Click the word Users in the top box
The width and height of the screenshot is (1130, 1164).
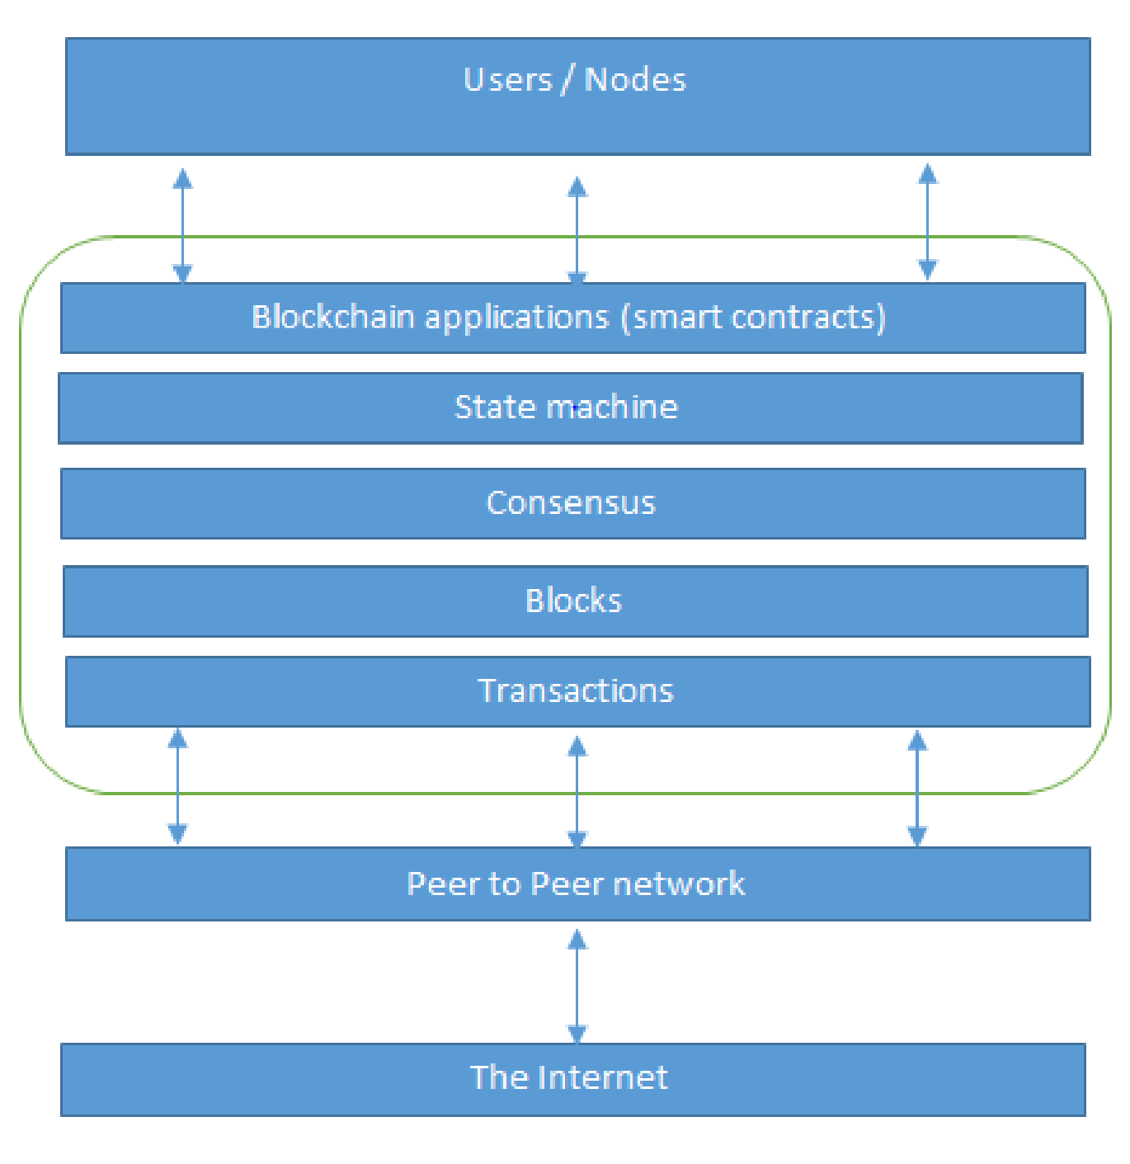point(507,79)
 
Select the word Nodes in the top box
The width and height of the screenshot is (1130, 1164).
point(634,79)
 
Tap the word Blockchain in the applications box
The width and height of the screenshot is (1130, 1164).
point(332,316)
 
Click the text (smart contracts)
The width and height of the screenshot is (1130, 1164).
point(754,317)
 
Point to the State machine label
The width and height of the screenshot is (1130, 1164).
point(566,408)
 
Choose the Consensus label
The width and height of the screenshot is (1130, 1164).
point(571,502)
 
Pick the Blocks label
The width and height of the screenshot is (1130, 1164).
point(574,600)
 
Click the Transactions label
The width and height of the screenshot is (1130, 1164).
point(576,690)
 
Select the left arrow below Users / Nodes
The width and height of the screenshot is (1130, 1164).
point(181,225)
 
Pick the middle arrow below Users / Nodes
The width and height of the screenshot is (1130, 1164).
point(576,229)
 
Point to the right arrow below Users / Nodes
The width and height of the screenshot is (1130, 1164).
point(926,222)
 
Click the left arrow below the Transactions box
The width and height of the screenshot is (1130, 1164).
point(177,786)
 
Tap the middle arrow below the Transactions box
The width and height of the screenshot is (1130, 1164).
point(576,792)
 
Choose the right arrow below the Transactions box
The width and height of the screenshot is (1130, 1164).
point(916,788)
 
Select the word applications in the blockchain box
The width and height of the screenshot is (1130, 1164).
point(517,318)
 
